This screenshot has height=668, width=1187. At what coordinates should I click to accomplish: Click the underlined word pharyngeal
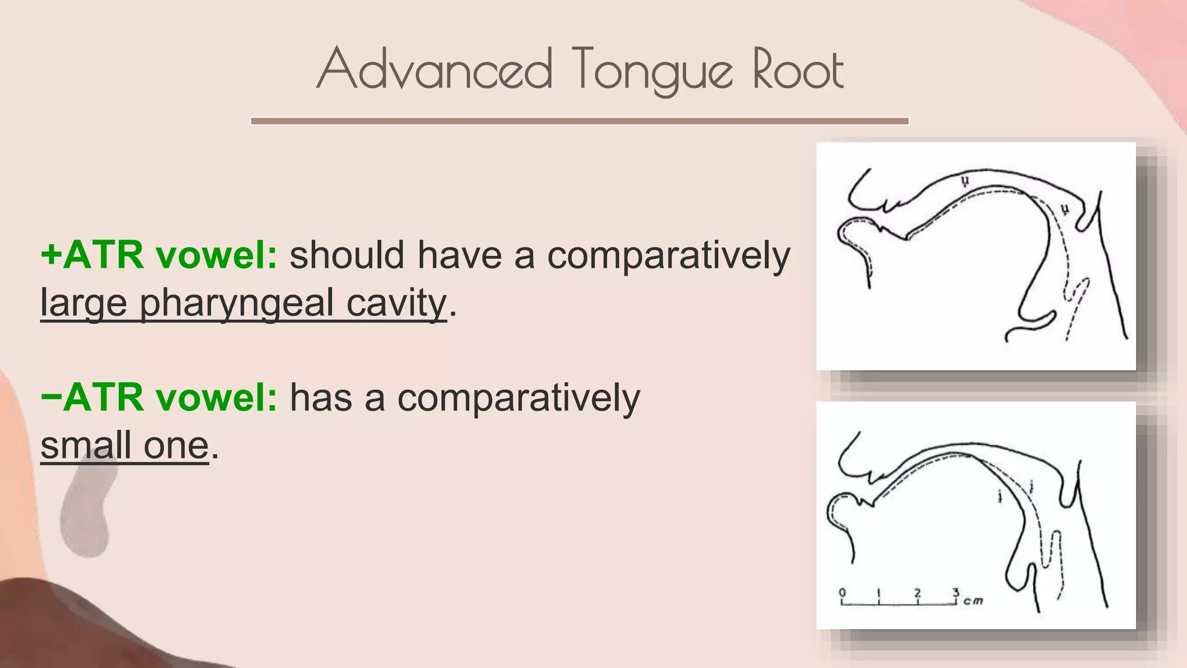pyautogui.click(x=236, y=303)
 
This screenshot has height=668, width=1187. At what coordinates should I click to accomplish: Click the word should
pyautogui.click(x=347, y=255)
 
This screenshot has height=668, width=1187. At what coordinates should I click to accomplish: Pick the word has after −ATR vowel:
pyautogui.click(x=321, y=397)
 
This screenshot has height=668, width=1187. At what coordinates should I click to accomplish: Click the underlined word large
pyautogui.click(x=83, y=303)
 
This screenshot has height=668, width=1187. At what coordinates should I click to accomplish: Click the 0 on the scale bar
pyautogui.click(x=842, y=593)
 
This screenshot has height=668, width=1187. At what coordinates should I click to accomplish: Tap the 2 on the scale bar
pyautogui.click(x=917, y=593)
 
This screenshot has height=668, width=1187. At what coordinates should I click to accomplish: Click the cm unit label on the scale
pyautogui.click(x=974, y=601)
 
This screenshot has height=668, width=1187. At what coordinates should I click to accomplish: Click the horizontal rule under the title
pyautogui.click(x=580, y=121)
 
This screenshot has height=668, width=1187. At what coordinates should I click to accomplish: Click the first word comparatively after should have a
pyautogui.click(x=669, y=255)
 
